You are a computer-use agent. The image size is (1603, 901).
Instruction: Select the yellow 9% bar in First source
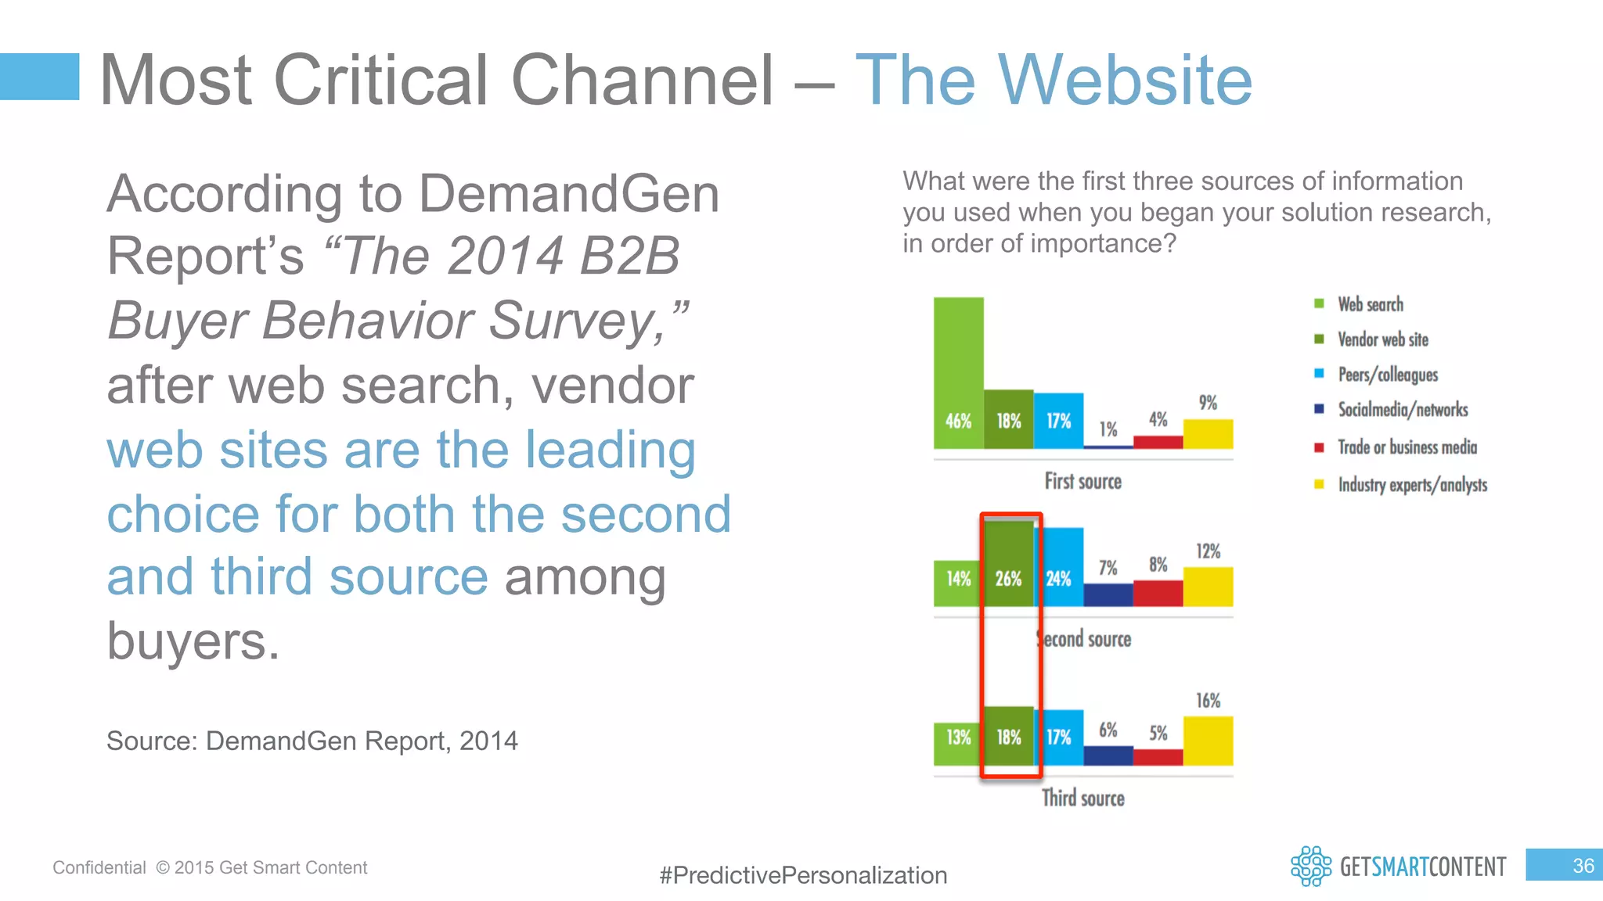(1208, 434)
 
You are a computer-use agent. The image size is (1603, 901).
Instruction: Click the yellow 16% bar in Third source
(1208, 741)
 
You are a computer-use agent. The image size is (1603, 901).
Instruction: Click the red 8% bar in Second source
(1158, 593)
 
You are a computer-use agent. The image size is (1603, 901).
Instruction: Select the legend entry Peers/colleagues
(1387, 375)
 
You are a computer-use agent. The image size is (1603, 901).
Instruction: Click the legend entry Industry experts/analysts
(1411, 485)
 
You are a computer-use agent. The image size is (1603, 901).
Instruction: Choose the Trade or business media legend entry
(1407, 447)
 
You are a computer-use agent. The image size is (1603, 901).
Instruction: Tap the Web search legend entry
(1370, 304)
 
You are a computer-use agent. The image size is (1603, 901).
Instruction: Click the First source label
(1082, 482)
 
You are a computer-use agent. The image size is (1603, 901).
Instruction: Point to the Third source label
(1082, 798)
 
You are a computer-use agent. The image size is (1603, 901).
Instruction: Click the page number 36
(1583, 866)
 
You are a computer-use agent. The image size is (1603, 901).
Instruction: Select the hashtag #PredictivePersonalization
(803, 875)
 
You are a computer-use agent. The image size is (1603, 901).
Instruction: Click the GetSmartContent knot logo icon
(1310, 866)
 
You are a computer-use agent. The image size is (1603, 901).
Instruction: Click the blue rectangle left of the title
(39, 77)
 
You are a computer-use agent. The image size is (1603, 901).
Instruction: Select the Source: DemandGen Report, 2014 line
(312, 741)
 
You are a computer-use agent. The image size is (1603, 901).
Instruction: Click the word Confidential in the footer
(99, 867)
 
